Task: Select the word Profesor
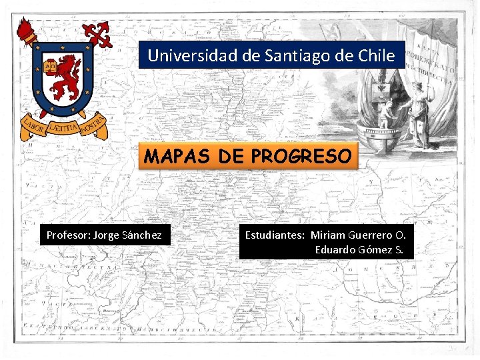tap(67, 235)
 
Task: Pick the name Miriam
tap(328, 235)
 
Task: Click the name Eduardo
tap(336, 251)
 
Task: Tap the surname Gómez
tap(375, 251)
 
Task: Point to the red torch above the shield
tap(27, 31)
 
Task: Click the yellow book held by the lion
tap(49, 66)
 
